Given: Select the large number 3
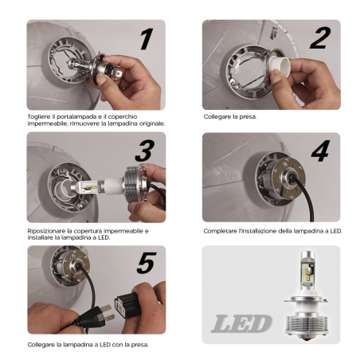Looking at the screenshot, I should tap(144, 151).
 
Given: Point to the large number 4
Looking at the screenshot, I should tap(319, 151).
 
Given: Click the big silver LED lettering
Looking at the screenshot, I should tap(241, 323).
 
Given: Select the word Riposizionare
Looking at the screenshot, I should tap(47, 229).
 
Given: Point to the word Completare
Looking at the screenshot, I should tap(222, 229).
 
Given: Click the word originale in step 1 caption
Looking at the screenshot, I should tap(148, 123).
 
